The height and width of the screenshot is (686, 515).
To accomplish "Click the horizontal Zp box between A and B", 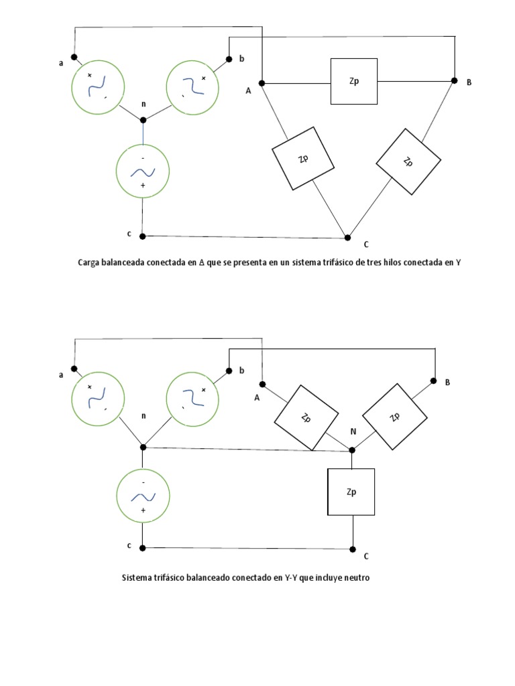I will pos(353,81).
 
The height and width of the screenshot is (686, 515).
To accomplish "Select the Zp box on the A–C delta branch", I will pos(302,158).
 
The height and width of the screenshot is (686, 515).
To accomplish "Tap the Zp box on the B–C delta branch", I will pos(408,161).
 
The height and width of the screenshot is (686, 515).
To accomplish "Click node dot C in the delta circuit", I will pos(347,237).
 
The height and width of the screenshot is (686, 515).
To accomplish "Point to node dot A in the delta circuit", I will pos(262,83).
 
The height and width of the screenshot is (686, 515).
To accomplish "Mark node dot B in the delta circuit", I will pos(454,81).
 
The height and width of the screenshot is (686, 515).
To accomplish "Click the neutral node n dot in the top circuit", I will pos(143,120).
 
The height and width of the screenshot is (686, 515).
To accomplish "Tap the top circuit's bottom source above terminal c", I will pos(143,172).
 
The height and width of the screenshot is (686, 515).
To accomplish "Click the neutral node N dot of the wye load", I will pos(352,450).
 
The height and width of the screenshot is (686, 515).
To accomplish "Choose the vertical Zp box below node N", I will pos(351,492).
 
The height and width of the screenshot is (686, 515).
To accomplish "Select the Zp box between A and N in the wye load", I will pos(305,418).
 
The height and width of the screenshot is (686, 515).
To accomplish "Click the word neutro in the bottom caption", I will pos(355,577).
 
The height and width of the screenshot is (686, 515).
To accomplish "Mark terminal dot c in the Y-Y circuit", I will pos(143,547).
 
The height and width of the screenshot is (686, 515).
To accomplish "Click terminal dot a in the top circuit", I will pos(74,58).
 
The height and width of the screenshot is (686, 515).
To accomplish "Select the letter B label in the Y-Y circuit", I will pos(447,382).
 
